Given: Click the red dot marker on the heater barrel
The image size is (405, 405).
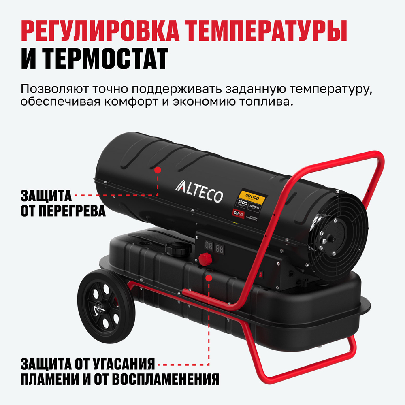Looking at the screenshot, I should pos(158,171).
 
